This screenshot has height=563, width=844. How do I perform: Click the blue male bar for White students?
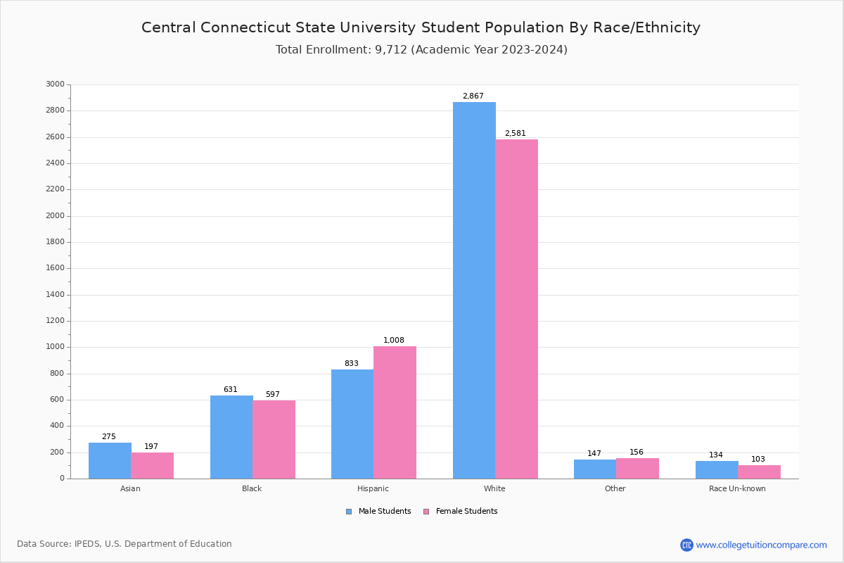[x=474, y=290]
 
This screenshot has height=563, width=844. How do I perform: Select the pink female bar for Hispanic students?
[x=395, y=412]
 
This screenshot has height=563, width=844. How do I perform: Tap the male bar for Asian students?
[x=110, y=460]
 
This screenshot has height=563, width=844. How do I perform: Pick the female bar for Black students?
[x=274, y=439]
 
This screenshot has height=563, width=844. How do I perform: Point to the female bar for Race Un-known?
[x=759, y=472]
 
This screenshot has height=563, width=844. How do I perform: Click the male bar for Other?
[x=595, y=469]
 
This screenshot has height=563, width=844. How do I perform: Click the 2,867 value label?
[x=473, y=96]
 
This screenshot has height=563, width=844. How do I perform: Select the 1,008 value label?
[x=394, y=341]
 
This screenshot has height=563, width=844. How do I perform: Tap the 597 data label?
[x=272, y=395]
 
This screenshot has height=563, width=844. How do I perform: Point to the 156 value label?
[x=637, y=453]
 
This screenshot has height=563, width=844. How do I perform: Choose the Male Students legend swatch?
[x=349, y=512]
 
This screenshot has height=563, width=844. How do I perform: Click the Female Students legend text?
[x=466, y=512]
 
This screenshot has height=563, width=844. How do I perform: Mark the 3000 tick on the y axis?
[x=55, y=84]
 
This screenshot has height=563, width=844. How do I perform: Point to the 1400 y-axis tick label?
[x=55, y=295]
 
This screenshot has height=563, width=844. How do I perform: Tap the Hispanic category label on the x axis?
[x=373, y=488]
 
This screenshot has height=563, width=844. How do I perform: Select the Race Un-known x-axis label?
[x=737, y=488]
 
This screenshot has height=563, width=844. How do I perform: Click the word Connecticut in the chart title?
[x=234, y=28]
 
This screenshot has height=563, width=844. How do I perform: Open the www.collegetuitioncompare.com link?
[x=761, y=545]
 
